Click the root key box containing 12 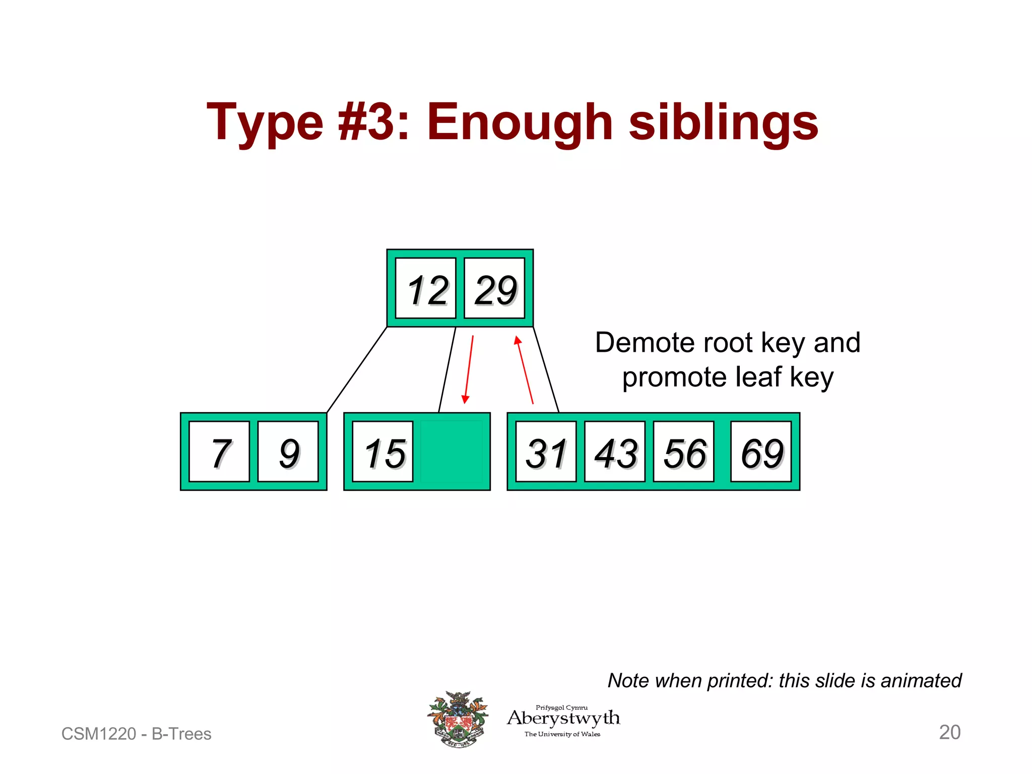coord(426,288)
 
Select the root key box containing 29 coord(494,288)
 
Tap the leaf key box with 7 coord(219,451)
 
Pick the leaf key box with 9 coord(288,451)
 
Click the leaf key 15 coord(382,451)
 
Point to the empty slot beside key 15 coord(451,451)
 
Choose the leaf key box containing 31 coord(546,451)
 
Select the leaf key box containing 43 coord(615,451)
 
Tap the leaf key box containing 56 coord(683,451)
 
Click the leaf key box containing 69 coord(761,451)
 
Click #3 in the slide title coord(366,122)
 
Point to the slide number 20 coord(949,732)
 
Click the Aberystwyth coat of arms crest coord(458,719)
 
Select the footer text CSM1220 coord(99,734)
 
